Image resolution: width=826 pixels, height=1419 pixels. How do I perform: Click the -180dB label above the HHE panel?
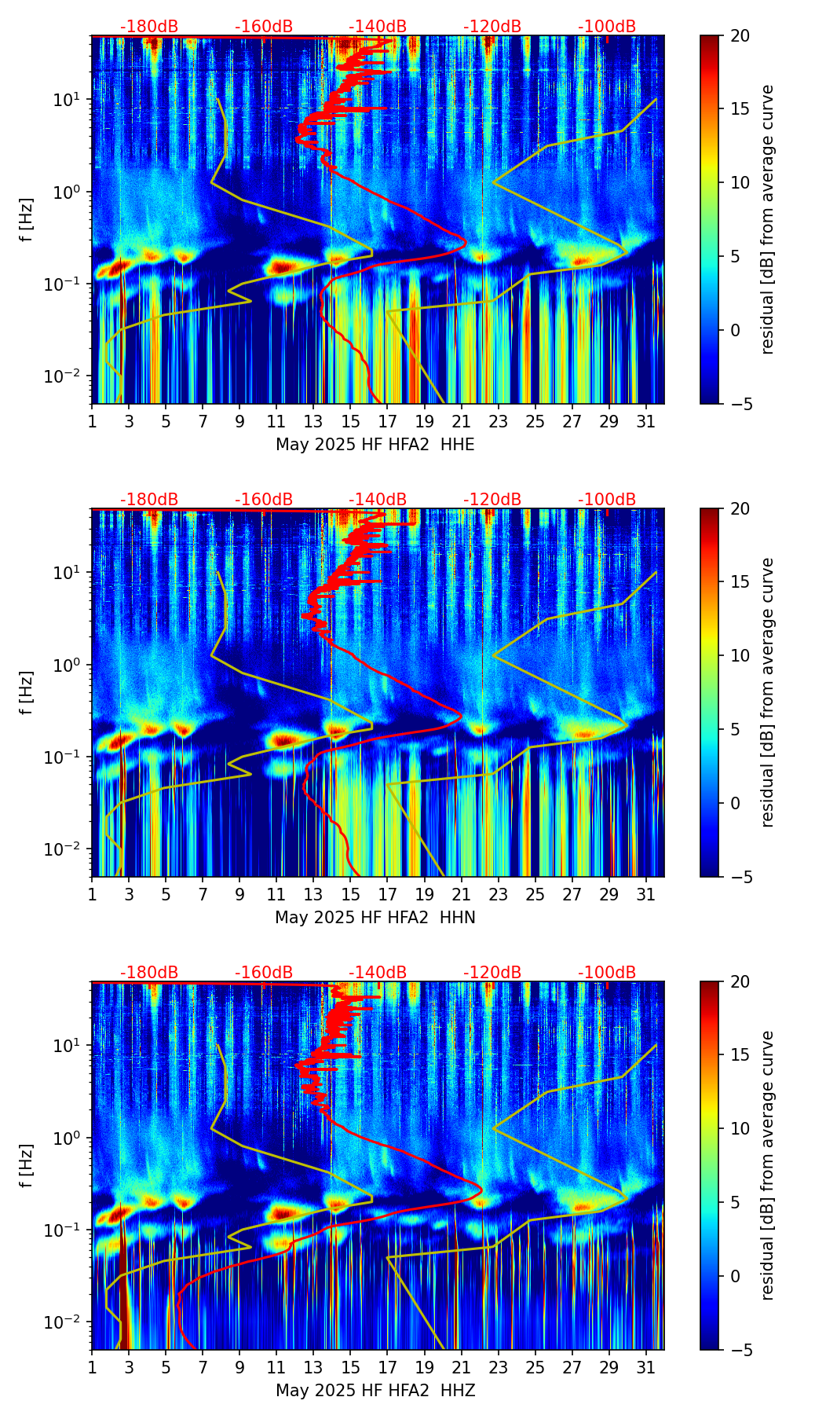149,27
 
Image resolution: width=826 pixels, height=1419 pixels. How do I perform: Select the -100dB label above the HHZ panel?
607,973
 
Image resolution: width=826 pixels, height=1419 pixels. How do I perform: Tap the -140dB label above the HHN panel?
378,500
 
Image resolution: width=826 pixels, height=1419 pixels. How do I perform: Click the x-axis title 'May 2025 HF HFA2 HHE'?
375,445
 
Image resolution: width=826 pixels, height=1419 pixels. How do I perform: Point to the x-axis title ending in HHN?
375,918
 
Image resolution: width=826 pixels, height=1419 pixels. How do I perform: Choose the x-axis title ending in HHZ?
375,1391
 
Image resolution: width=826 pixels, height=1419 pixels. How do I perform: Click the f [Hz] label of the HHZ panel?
27,1166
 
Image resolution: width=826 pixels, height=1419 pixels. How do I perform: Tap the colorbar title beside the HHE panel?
768,220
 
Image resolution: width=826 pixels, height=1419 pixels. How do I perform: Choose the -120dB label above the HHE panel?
492,27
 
